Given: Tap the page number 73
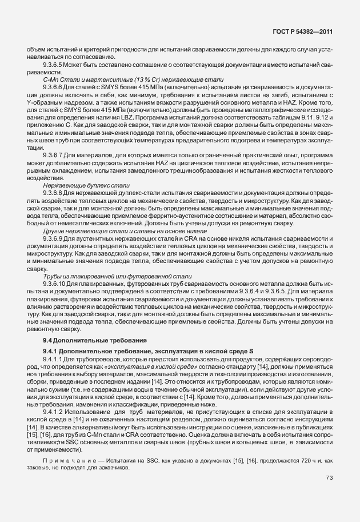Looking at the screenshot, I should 329,477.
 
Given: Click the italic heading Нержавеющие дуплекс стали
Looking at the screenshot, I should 86,186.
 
